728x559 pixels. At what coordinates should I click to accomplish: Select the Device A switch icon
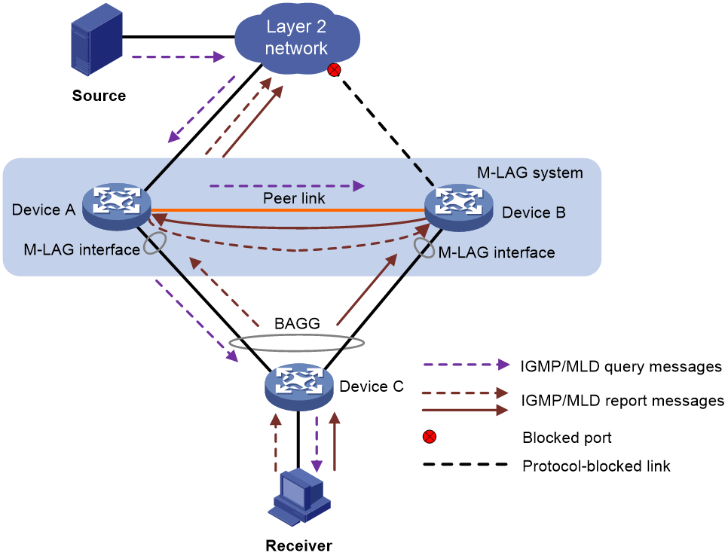tap(117, 207)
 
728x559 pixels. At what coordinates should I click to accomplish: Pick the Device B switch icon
tap(459, 207)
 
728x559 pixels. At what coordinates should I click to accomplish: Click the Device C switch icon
tap(299, 386)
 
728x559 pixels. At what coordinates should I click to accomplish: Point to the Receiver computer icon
tap(299, 496)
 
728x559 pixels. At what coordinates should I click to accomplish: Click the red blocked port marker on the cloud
tap(335, 70)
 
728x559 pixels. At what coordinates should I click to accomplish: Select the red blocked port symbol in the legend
tap(430, 437)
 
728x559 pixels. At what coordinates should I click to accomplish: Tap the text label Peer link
tap(294, 198)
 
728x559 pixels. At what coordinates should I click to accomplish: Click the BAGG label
tap(297, 323)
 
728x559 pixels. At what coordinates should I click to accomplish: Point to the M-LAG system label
tap(531, 173)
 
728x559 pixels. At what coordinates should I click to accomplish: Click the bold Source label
tap(99, 96)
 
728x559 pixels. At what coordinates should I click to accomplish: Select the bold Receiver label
tap(299, 545)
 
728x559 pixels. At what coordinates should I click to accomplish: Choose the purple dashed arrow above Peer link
tap(287, 186)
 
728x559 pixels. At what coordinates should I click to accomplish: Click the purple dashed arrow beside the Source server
tap(179, 57)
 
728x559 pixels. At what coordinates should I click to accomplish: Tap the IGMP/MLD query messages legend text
tap(621, 367)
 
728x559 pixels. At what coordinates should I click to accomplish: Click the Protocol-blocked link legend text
tap(597, 466)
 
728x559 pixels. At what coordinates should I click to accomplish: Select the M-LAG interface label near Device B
tap(497, 252)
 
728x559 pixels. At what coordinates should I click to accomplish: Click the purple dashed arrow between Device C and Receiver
tap(317, 444)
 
